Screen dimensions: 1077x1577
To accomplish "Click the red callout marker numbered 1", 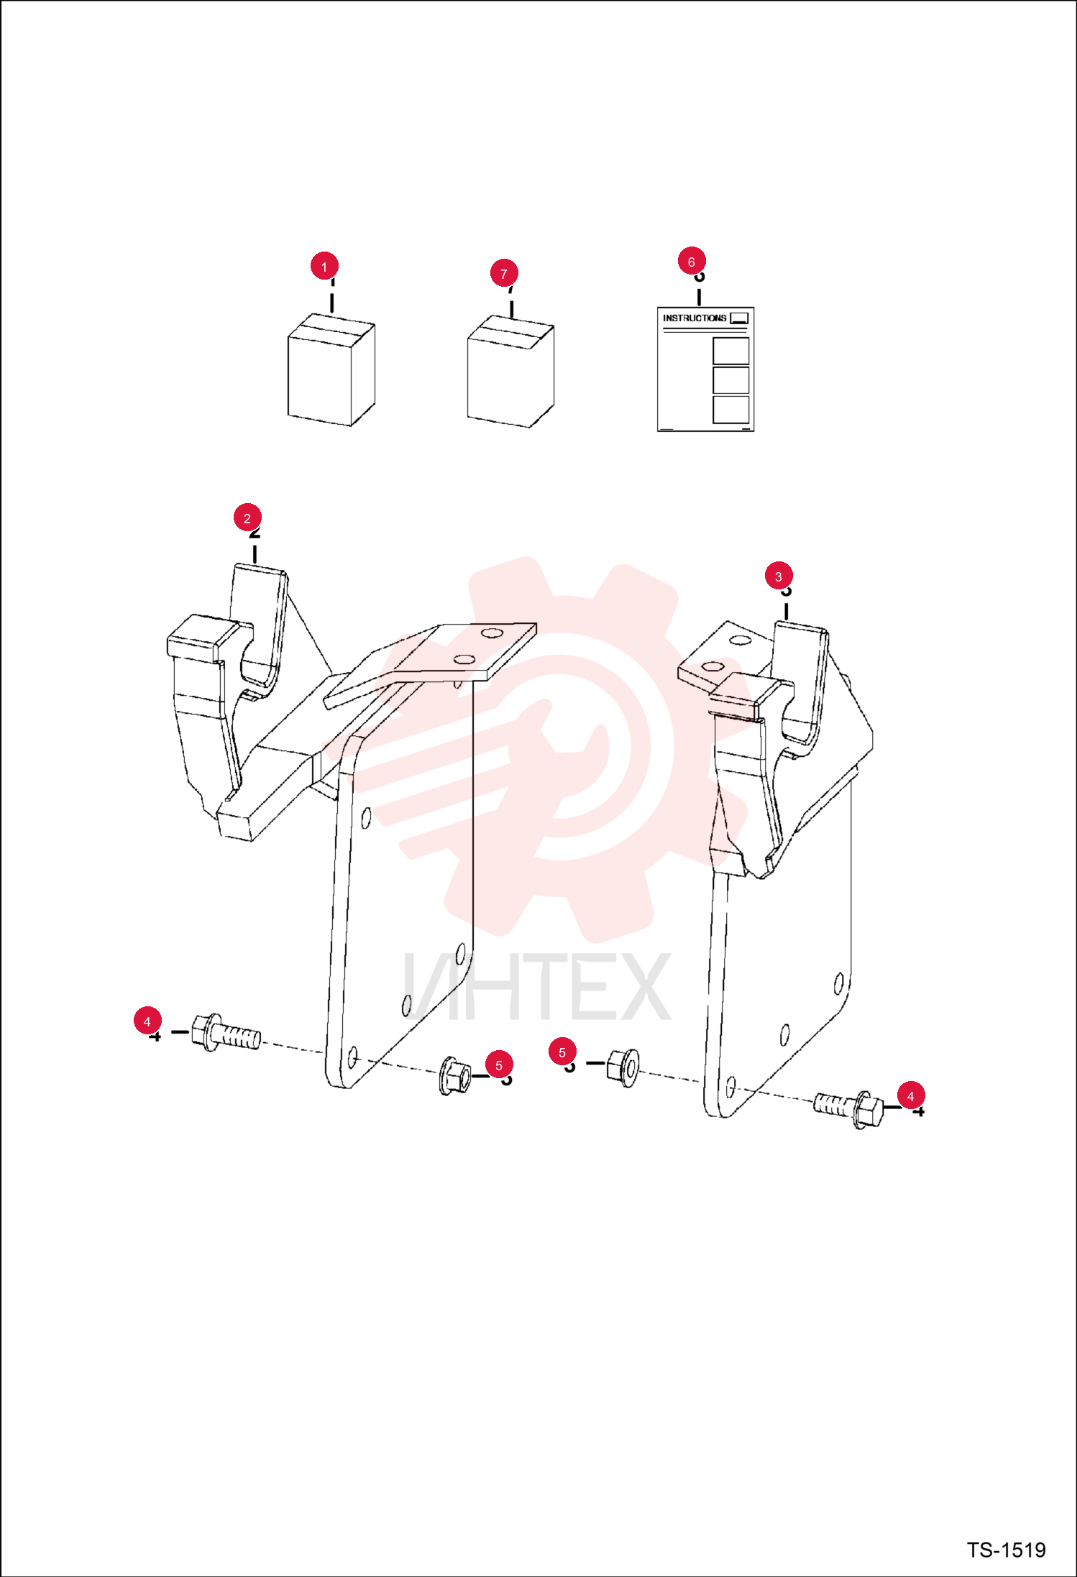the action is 324,266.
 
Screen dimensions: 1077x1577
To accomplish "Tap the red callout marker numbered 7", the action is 504,273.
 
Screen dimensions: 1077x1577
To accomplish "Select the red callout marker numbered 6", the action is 692,262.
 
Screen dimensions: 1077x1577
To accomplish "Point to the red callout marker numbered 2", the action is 247,518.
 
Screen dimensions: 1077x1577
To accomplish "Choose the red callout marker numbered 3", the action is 779,576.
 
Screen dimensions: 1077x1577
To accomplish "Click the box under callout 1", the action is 331,369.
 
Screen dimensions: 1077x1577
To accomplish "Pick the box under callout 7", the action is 510,371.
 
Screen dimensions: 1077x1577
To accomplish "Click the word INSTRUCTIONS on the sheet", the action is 695,318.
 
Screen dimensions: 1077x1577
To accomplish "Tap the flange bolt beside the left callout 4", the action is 226,1034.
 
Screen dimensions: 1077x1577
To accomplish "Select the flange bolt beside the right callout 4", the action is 848,1109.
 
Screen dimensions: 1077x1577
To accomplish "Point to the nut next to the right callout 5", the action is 623,1067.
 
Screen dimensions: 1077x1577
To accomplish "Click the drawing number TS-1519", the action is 1006,1550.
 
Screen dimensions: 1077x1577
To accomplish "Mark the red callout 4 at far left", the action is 147,1021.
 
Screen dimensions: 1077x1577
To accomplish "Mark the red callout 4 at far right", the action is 911,1095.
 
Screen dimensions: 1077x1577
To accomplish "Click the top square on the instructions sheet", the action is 731,351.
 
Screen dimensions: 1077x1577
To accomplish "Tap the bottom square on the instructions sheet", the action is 731,409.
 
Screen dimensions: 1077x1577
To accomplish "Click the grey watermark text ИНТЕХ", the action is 537,985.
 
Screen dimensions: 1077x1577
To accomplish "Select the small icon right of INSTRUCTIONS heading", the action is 739,318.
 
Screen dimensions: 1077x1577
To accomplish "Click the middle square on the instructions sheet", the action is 731,380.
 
